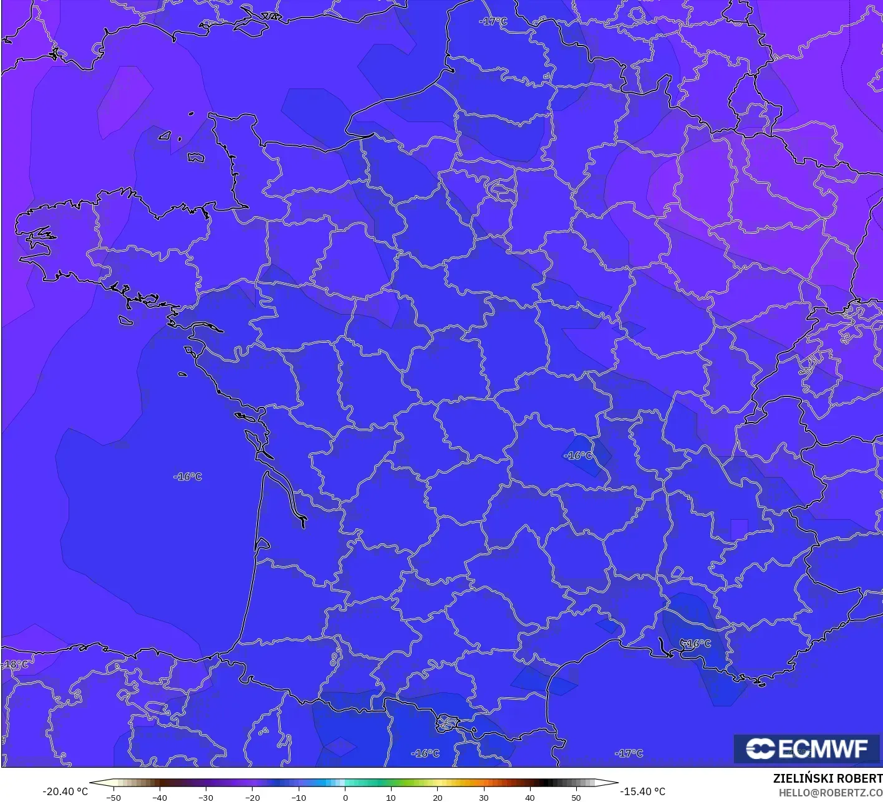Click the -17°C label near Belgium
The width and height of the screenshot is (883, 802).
[493, 22]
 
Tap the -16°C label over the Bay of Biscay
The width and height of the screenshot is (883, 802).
[188, 477]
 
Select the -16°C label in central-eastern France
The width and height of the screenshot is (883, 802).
[578, 456]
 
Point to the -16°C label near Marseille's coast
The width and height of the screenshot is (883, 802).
[696, 643]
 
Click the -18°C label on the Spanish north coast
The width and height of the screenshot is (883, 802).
[15, 664]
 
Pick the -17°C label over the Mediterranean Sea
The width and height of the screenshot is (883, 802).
[629, 753]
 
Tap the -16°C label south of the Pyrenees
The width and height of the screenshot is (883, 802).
[425, 753]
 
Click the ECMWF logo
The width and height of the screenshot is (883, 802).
[807, 748]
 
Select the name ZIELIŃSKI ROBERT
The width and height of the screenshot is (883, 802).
[828, 778]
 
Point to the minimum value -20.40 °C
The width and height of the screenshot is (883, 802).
[65, 791]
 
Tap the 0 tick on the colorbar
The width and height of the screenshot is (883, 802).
[345, 798]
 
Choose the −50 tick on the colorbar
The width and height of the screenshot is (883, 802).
[113, 798]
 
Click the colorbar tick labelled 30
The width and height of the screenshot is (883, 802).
[484, 798]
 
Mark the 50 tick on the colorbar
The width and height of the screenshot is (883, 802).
[576, 798]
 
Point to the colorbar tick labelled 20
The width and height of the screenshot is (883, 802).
[438, 798]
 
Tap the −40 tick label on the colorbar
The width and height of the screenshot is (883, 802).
[160, 798]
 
